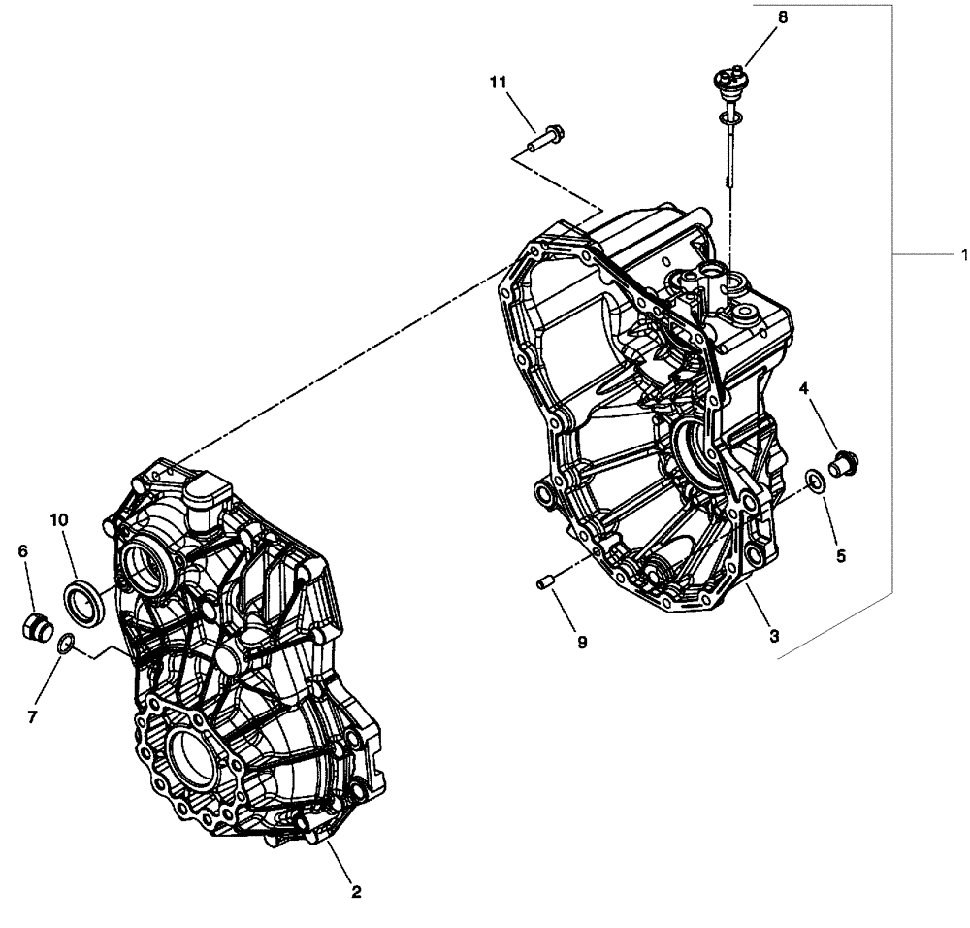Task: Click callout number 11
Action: (498, 84)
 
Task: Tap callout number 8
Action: (783, 17)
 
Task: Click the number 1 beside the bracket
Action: (963, 254)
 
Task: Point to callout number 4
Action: (804, 389)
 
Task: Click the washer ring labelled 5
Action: (817, 480)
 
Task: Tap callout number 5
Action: (841, 556)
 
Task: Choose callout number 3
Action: (773, 636)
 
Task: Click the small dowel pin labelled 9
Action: (544, 582)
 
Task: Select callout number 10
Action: (59, 520)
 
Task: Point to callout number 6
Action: (23, 550)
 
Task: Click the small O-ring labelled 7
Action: (65, 643)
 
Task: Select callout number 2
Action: (356, 891)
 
